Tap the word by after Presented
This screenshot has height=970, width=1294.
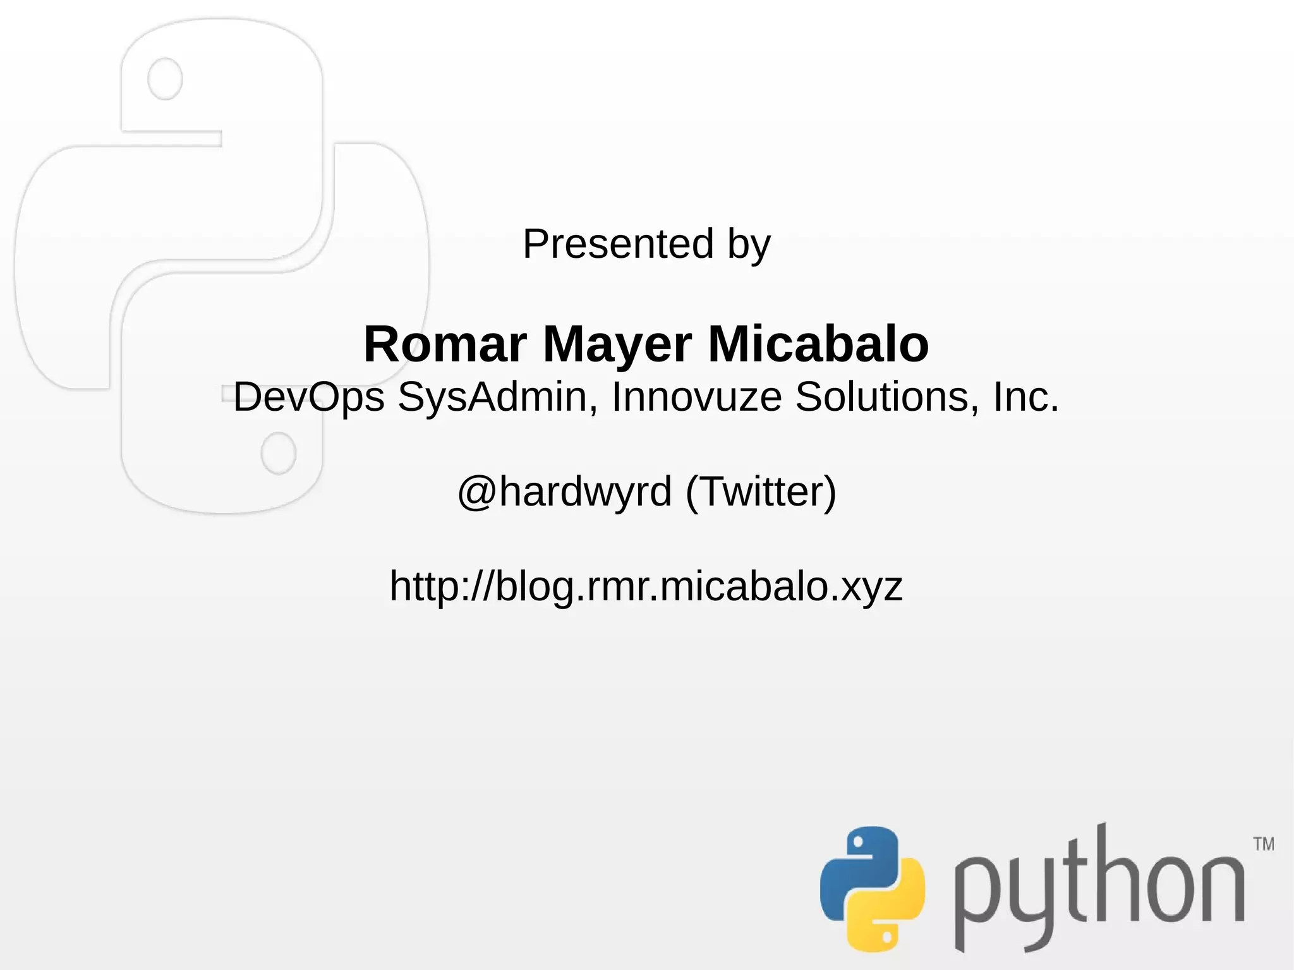(x=749, y=245)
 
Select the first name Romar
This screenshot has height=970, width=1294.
(x=445, y=344)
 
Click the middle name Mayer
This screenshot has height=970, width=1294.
(x=617, y=345)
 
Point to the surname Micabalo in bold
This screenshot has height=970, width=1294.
(x=818, y=344)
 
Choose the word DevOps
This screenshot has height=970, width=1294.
(x=309, y=397)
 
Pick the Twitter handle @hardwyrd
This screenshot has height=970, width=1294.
(x=564, y=492)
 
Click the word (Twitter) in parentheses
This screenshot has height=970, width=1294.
(x=761, y=492)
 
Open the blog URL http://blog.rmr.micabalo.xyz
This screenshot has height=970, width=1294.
(x=646, y=586)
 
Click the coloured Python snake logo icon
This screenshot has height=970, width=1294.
(x=872, y=888)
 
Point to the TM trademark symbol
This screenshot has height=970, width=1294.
(x=1264, y=844)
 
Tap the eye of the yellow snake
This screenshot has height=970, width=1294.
(x=888, y=935)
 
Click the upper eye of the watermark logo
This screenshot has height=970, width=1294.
(x=165, y=79)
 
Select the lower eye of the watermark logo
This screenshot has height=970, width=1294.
(x=279, y=453)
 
